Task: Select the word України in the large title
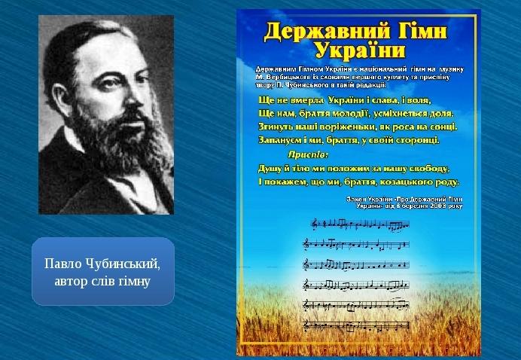pos(359,51)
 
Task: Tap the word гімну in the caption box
pos(134,281)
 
